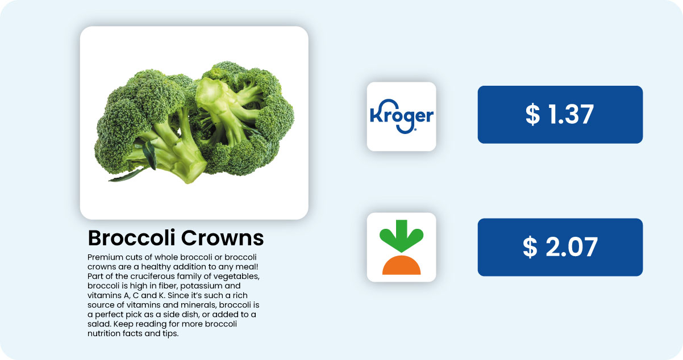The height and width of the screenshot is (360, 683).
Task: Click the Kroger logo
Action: click(x=401, y=116)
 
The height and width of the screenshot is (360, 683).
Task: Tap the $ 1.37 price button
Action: click(x=560, y=115)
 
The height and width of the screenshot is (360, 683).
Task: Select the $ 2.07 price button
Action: click(x=560, y=247)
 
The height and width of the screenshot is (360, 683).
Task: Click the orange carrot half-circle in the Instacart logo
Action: click(x=401, y=265)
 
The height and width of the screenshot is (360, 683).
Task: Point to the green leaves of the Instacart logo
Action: click(x=401, y=236)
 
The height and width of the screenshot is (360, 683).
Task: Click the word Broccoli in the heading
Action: click(x=132, y=238)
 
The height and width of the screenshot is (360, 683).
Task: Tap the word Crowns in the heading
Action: click(x=223, y=238)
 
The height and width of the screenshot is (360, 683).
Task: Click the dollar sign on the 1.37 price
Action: click(x=532, y=115)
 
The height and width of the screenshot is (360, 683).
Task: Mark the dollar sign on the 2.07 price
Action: click(x=530, y=247)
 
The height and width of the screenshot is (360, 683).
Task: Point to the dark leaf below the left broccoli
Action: click(x=128, y=175)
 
